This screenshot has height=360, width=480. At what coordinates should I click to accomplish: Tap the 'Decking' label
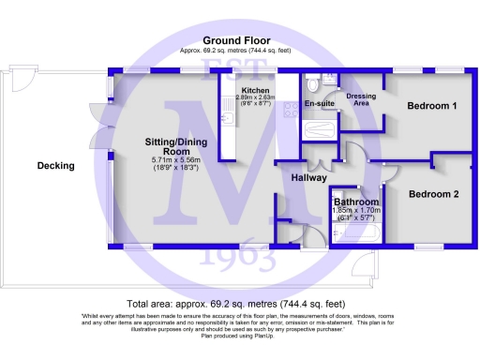point(55,166)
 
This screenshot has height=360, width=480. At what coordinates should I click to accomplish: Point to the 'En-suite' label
point(318,104)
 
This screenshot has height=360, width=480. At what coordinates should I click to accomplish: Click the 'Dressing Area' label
point(361,99)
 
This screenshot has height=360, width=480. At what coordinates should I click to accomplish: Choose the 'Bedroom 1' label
point(431,107)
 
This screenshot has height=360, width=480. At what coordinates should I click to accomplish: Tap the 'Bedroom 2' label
point(434,194)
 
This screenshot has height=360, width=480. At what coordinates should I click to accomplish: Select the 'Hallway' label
point(308,177)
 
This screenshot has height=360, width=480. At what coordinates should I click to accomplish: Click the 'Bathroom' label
point(356,202)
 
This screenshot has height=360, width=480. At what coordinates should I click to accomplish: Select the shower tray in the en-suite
point(319,129)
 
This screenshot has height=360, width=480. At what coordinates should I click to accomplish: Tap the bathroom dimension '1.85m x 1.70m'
point(356,211)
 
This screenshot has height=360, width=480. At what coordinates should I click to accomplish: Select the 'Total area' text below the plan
point(237,304)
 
